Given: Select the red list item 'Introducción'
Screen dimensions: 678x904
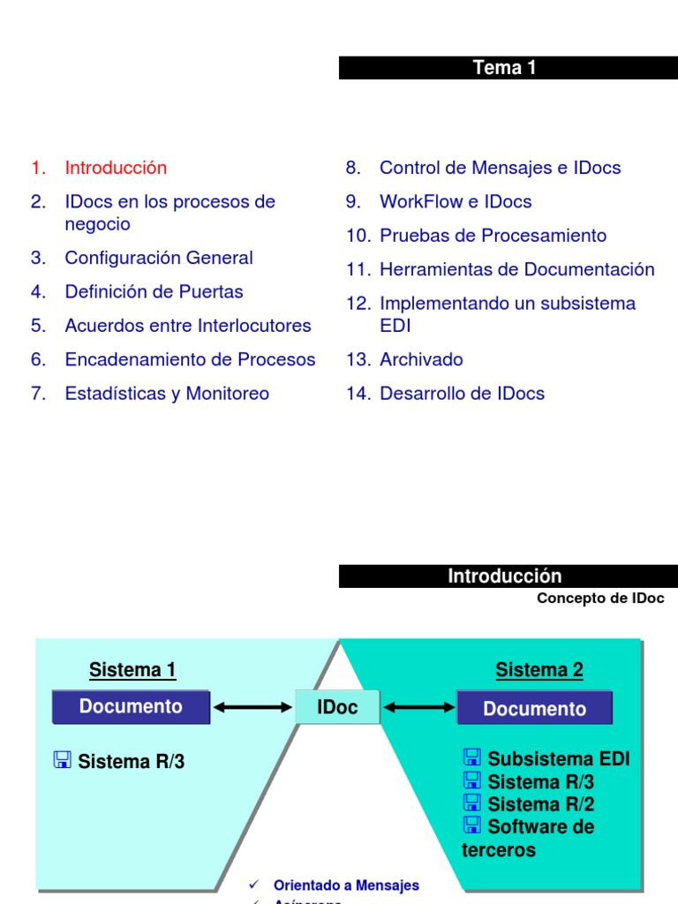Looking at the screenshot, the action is tap(116, 168).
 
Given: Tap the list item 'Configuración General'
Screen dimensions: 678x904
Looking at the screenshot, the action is tap(159, 258).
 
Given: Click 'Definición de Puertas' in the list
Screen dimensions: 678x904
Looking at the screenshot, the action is tap(154, 291).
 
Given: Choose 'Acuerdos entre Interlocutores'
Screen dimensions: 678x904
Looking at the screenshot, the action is tap(188, 326).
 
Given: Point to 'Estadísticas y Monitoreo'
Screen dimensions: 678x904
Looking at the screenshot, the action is tap(167, 394).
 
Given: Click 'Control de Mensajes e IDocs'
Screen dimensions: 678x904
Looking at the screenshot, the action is tap(500, 168).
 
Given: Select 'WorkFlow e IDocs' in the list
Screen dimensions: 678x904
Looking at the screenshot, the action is tap(456, 202).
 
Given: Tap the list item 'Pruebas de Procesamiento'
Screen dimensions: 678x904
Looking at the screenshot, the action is tap(493, 236).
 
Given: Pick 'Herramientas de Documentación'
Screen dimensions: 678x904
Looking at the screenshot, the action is tap(516, 269).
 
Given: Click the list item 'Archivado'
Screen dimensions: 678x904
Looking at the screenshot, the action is tap(421, 359).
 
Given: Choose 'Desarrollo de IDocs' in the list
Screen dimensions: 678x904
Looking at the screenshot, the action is tap(462, 394).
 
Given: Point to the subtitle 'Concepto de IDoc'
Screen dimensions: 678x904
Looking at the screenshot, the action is tap(600, 599).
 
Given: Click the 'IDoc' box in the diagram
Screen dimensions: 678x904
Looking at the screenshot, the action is tap(338, 707).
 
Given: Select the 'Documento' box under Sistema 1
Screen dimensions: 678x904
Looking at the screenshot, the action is tap(131, 707).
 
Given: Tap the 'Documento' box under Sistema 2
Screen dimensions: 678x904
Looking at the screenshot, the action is tap(534, 709).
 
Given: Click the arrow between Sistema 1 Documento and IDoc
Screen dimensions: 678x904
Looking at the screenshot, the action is tap(252, 707).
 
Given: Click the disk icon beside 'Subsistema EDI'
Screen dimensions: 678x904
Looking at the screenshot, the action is tap(471, 757).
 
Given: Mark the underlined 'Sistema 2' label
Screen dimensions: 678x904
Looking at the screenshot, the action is tap(539, 670).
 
